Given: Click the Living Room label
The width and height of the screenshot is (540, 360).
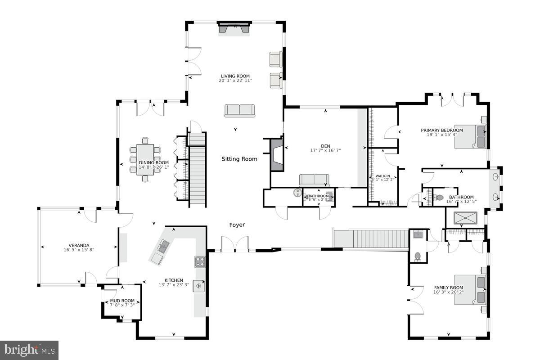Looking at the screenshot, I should pos(235,76).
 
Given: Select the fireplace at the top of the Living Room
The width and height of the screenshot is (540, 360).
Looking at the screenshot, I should pos(234,28).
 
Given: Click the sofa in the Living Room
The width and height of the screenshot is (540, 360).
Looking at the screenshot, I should pos(239,110).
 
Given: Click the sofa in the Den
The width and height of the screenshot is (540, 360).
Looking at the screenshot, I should pos(314,180).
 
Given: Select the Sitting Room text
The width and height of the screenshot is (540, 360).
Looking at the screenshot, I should pos(239,159).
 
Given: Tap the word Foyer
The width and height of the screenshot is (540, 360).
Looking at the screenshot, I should pos(237,225).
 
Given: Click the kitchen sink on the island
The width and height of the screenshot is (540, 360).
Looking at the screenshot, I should pos(163,246).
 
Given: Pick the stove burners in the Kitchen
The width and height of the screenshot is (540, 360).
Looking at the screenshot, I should pos(200,261).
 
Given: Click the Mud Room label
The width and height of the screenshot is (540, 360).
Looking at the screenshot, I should pos(122,301).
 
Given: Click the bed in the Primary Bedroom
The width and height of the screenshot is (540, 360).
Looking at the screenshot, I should pos(470,136).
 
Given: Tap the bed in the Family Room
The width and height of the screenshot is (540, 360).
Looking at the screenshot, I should pos(470,290).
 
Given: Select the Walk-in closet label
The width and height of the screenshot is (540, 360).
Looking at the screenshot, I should pos(379,176).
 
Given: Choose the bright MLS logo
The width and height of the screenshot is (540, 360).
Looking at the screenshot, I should pos(29,350).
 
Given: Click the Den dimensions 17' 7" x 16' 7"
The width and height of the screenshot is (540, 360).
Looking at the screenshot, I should pos(325,150).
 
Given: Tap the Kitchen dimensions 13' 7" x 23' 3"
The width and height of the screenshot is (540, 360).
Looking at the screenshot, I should pos(173,284).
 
